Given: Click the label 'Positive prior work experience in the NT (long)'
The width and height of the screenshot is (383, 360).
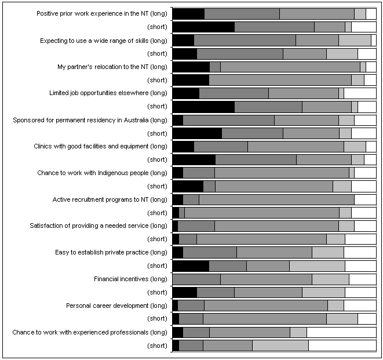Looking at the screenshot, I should tap(102, 14).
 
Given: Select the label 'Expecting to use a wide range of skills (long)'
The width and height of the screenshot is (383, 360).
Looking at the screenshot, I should tap(104, 41).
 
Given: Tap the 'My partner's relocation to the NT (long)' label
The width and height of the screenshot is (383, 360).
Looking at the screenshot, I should tap(112, 67).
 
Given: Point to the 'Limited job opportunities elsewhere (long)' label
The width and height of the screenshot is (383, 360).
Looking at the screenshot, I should tap(108, 93).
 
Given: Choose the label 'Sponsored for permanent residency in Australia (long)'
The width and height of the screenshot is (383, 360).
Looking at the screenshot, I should tap(90, 120).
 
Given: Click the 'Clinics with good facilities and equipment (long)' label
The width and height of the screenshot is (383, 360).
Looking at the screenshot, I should tap(101, 146).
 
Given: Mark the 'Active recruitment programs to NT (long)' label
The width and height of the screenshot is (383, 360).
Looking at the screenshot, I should tap(110, 199).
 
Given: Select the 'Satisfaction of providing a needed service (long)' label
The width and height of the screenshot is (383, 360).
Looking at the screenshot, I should tap(99, 226).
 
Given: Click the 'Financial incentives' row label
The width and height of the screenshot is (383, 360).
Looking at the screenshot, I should tap(130, 279).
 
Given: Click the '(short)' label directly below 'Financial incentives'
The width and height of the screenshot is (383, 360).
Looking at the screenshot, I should tap(157, 292).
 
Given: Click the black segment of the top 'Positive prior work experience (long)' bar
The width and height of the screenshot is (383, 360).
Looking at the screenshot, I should tap(188, 14).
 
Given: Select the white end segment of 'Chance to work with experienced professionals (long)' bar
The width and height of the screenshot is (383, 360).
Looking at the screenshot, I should tap(341, 332).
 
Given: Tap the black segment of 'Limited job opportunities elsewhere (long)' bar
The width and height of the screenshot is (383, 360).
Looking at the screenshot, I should tap(185, 93).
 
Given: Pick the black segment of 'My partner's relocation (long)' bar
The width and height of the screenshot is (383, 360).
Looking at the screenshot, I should tap(191, 67).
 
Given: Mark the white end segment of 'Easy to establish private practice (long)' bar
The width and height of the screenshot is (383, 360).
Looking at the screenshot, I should tap(360, 252).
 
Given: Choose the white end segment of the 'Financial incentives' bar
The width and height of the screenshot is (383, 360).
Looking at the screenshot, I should tap(362, 279).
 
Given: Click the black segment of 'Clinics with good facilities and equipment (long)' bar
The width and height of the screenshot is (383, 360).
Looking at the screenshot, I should tap(183, 146).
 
